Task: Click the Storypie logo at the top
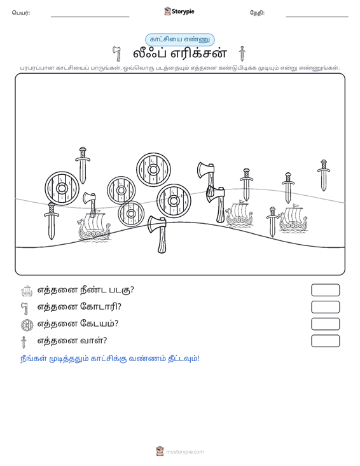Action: tap(179, 11)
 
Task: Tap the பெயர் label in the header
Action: tap(21, 13)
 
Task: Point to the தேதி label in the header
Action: tap(257, 13)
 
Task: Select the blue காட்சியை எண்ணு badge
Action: tap(180, 39)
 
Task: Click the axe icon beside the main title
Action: tap(117, 54)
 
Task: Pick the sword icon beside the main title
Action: tap(242, 53)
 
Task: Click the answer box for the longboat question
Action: tap(325, 290)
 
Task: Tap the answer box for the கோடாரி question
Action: tap(325, 307)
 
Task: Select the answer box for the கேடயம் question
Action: tap(325, 324)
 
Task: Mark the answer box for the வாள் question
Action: tap(325, 341)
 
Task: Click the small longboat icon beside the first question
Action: tap(27, 291)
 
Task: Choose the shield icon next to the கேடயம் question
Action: tap(27, 325)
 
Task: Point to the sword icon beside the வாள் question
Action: tap(24, 342)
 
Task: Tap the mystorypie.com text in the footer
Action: tap(185, 452)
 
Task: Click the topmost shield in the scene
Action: tap(153, 170)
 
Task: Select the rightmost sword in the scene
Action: tap(324, 175)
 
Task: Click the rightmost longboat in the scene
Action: tap(293, 218)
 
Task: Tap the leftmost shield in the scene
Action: tap(62, 188)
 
